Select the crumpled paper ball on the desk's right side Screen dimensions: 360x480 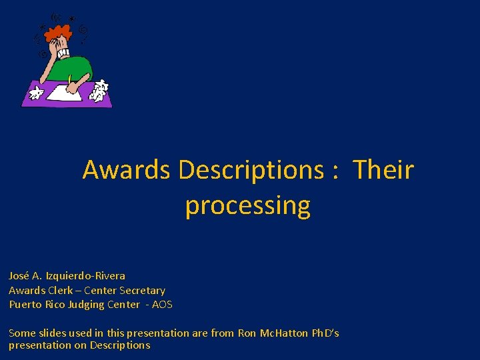[x=99, y=91]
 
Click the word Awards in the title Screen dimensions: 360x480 [x=126, y=170]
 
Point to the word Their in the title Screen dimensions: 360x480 [x=383, y=170]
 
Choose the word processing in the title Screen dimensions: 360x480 [x=247, y=205]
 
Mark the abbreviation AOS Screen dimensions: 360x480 [x=162, y=305]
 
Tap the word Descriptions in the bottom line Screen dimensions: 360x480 [x=120, y=345]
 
